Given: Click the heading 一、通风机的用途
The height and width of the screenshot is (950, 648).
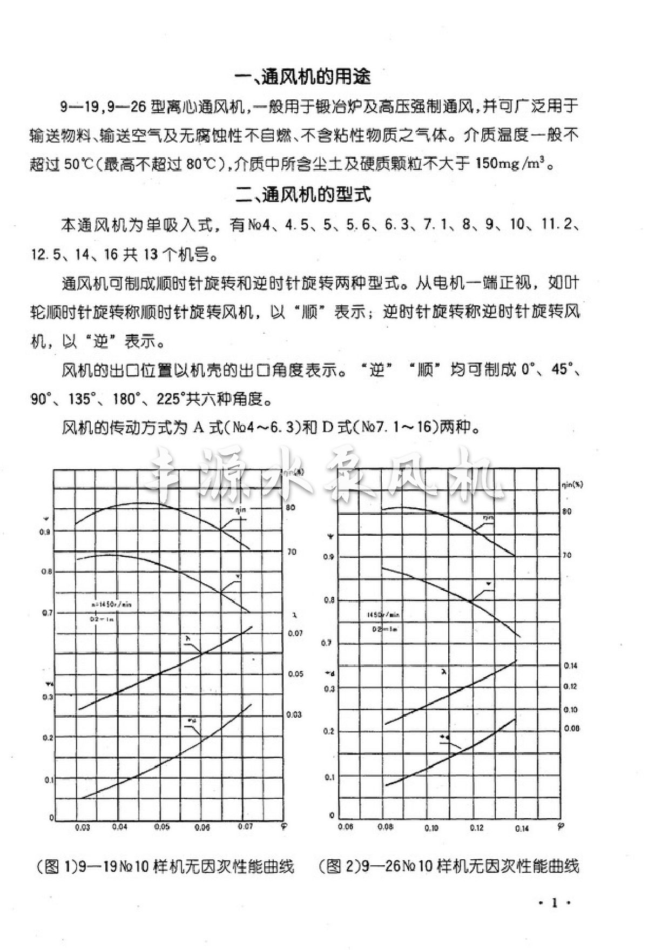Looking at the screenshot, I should click(x=303, y=77).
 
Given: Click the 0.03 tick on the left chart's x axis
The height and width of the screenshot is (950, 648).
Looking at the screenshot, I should click(x=83, y=827).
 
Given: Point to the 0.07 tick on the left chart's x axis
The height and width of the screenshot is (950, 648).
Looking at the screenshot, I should click(x=246, y=826).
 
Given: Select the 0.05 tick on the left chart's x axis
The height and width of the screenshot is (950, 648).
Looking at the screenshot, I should click(x=162, y=827).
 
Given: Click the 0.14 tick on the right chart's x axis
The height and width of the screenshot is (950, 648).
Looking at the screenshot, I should click(x=522, y=829).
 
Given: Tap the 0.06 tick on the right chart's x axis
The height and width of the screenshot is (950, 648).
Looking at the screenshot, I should click(x=346, y=827).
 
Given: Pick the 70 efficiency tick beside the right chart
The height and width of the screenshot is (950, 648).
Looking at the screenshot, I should click(x=566, y=555).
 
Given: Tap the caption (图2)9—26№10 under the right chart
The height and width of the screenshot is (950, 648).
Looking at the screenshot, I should click(x=449, y=867).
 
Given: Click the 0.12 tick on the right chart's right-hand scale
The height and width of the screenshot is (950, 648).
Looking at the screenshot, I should click(x=571, y=686).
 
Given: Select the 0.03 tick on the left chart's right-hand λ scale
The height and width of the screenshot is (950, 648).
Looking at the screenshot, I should click(x=294, y=715).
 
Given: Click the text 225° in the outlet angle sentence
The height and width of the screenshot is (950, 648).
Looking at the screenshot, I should click(x=171, y=400).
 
